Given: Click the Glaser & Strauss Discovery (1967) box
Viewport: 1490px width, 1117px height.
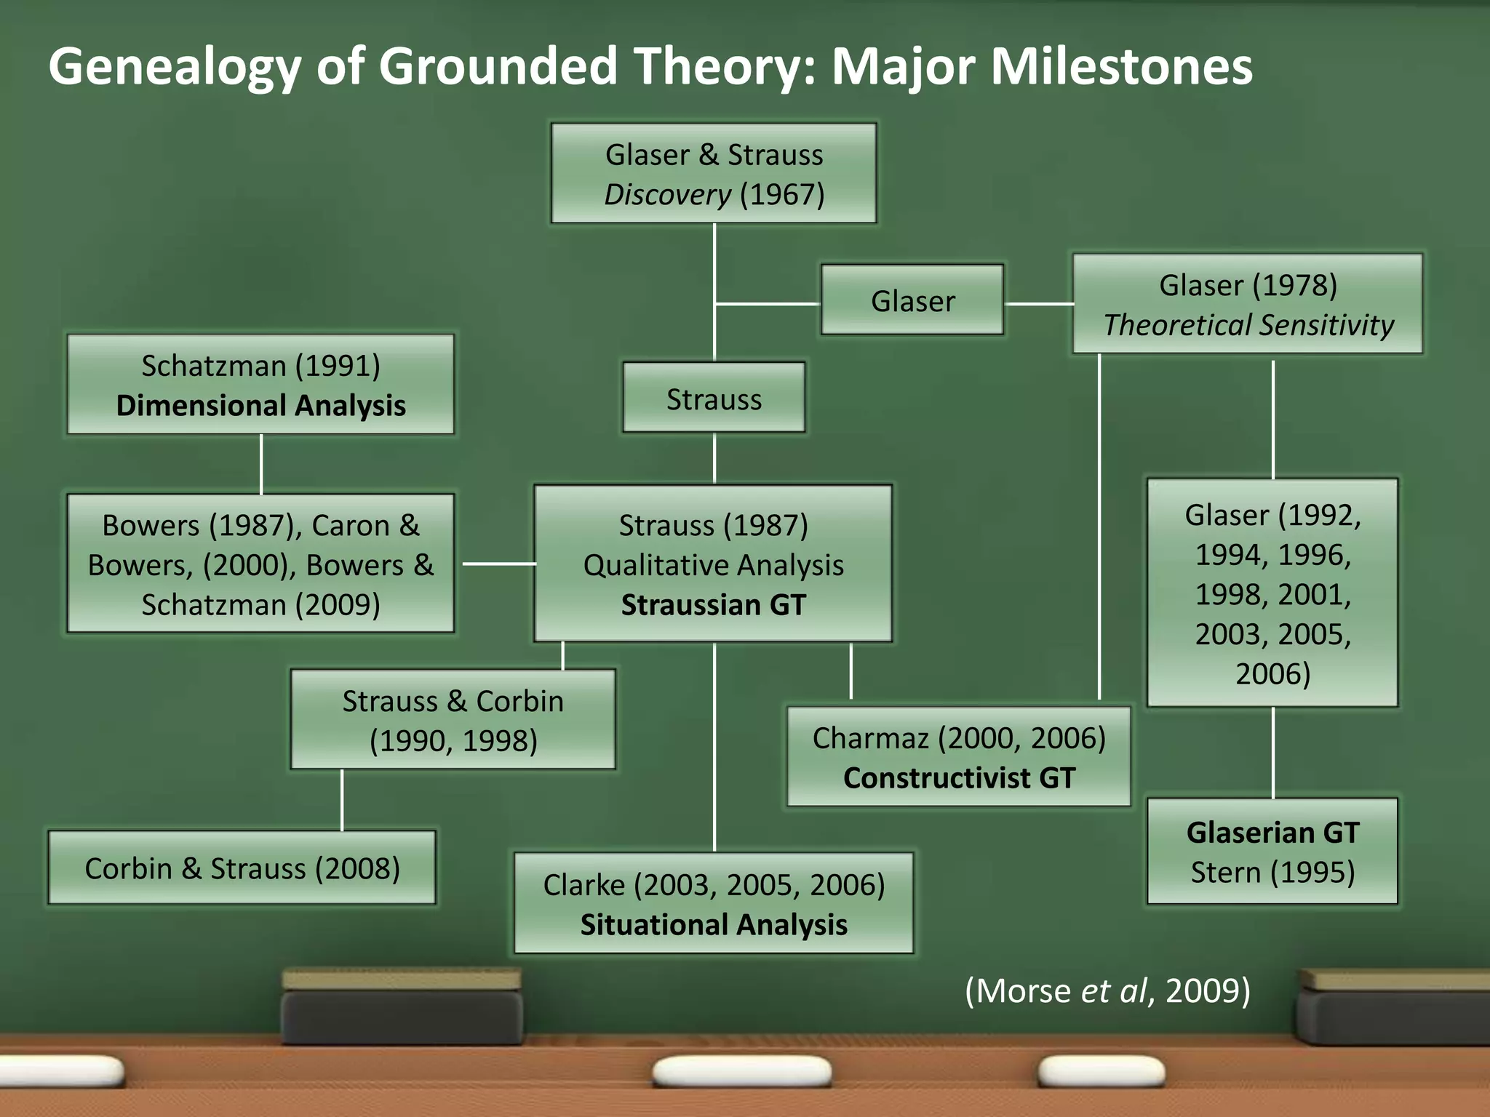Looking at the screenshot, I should pos(713,173).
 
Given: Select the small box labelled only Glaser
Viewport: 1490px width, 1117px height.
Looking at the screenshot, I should pos(912,300).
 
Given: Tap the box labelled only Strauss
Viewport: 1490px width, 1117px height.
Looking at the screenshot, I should pos(714,399).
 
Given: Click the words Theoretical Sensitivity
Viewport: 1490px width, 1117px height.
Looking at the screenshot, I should pos(1248,324).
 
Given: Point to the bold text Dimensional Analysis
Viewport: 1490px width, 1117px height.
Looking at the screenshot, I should pos(260,405).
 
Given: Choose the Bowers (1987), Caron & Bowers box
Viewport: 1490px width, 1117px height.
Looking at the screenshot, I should pos(260,564).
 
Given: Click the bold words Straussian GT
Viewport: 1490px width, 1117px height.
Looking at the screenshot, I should pos(713,604).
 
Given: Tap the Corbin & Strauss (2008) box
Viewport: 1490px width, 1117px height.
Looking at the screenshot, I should pos(242,868).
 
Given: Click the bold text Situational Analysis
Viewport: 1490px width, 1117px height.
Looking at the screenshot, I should pos(713,924).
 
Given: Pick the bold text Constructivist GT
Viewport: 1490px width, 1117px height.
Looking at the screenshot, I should pos(959,777).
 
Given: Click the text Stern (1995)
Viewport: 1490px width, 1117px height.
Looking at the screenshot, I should pos(1272,871).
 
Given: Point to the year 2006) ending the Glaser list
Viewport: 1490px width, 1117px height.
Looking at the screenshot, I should pos(1272,673).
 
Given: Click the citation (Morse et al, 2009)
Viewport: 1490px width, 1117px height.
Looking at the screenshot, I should pos(1107,990).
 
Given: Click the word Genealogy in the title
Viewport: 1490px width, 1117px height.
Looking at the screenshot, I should pos(175,67).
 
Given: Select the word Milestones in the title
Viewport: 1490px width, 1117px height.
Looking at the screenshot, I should pos(1121,67).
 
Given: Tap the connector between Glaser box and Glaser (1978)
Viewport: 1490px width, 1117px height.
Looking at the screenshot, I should pos(1038,303).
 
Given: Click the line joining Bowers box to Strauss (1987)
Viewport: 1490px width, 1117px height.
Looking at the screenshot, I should pos(498,564).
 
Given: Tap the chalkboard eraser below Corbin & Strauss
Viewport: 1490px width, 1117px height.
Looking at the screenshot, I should pos(402,1007).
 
